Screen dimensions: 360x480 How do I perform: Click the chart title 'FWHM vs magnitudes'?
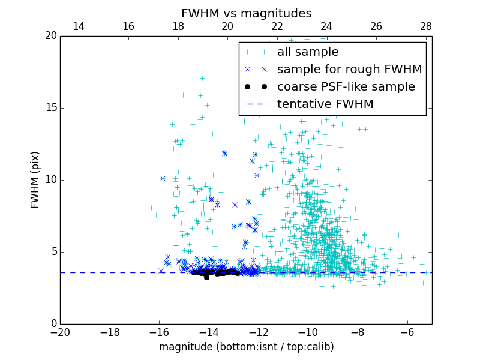[x=246, y=13]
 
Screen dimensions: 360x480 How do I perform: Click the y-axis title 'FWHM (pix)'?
[x=35, y=179]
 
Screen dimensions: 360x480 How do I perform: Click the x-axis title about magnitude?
[x=246, y=347]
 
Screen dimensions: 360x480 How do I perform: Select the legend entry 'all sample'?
[x=308, y=52]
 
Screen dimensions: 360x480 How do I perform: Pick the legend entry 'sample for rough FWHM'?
[x=349, y=70]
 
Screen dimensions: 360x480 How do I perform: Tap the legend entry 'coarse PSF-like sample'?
[x=346, y=87]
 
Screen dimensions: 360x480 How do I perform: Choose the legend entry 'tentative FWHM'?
[x=325, y=104]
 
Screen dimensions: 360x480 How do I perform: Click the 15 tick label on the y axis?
[x=50, y=108]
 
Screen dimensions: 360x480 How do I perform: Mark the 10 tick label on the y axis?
[x=50, y=180]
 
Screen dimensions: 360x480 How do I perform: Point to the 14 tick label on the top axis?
[x=79, y=26]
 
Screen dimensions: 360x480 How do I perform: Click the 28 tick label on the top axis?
[x=426, y=26]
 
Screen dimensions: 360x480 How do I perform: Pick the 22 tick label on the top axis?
[x=277, y=26]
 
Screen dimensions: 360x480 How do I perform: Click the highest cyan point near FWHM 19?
[x=158, y=53]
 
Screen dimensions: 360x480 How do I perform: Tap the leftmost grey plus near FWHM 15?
[x=139, y=109]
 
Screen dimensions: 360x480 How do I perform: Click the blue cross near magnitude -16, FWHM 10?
[x=163, y=178]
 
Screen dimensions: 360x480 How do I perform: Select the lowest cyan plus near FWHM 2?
[x=296, y=293]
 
